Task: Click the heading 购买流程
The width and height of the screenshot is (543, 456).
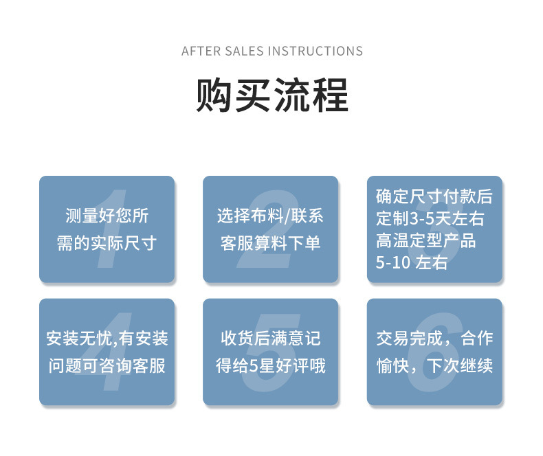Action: tap(271, 95)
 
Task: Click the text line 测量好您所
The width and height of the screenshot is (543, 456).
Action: tap(107, 216)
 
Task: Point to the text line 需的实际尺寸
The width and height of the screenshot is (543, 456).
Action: tap(107, 243)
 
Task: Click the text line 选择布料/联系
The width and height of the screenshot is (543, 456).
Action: tap(270, 216)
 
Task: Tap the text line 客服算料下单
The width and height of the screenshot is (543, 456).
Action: tap(270, 243)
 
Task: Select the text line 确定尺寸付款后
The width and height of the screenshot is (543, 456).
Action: tap(434, 196)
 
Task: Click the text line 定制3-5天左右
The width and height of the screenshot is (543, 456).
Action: tap(430, 219)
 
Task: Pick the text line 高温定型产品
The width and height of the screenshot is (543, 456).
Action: tap(426, 241)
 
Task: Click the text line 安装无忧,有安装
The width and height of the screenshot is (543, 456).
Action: tap(107, 338)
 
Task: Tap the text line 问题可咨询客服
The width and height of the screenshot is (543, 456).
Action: tap(107, 365)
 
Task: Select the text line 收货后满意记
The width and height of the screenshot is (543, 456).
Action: tap(270, 338)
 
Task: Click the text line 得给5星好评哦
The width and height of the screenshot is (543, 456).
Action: tap(270, 365)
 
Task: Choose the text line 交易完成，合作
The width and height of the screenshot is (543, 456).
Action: tap(434, 338)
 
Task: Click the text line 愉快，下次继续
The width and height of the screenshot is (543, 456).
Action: tap(434, 365)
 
